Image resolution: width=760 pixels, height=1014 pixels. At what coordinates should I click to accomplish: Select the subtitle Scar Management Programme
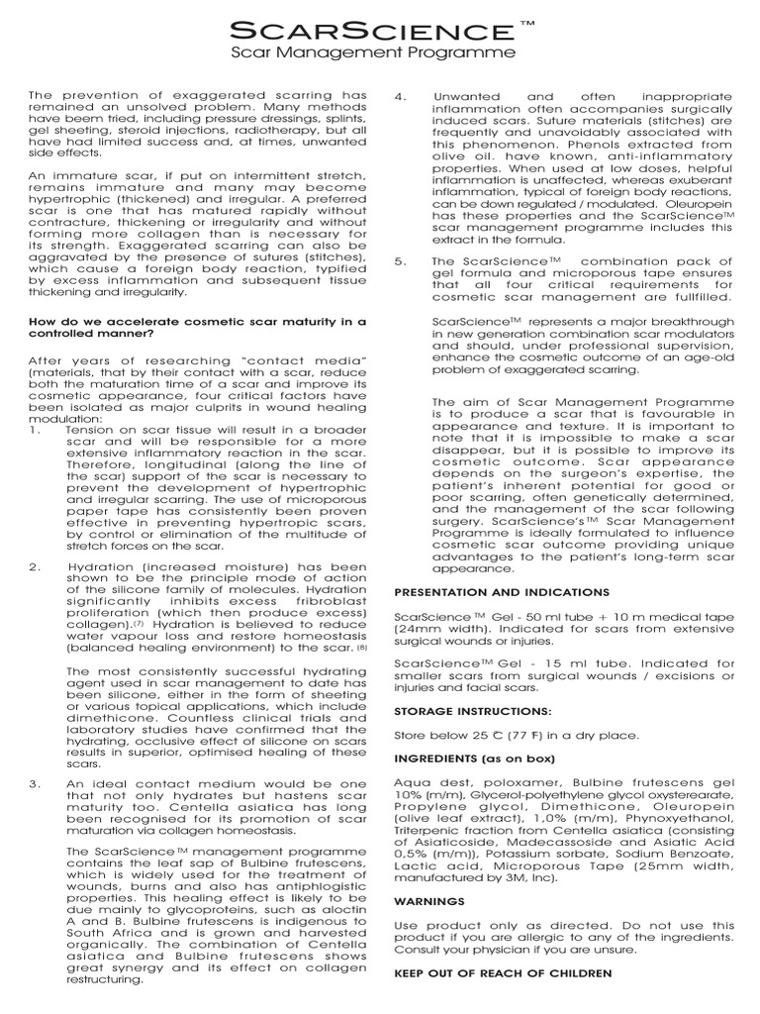click(x=373, y=51)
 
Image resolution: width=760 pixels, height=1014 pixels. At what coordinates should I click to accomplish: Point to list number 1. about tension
click(x=35, y=431)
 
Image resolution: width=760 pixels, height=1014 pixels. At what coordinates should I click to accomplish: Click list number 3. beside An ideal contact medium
click(x=35, y=783)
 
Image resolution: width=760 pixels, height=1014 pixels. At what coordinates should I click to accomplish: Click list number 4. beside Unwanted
click(x=400, y=97)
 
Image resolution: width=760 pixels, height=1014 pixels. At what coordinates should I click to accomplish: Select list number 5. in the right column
click(x=400, y=261)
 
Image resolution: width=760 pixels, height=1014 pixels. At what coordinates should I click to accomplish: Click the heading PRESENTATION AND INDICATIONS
click(x=502, y=592)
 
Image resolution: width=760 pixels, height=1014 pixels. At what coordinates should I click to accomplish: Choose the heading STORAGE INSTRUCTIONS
click(x=473, y=711)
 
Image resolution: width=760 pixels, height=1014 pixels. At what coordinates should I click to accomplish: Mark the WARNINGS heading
click(x=428, y=901)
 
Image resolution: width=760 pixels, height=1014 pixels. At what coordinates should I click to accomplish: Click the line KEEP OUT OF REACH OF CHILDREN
click(x=503, y=973)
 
